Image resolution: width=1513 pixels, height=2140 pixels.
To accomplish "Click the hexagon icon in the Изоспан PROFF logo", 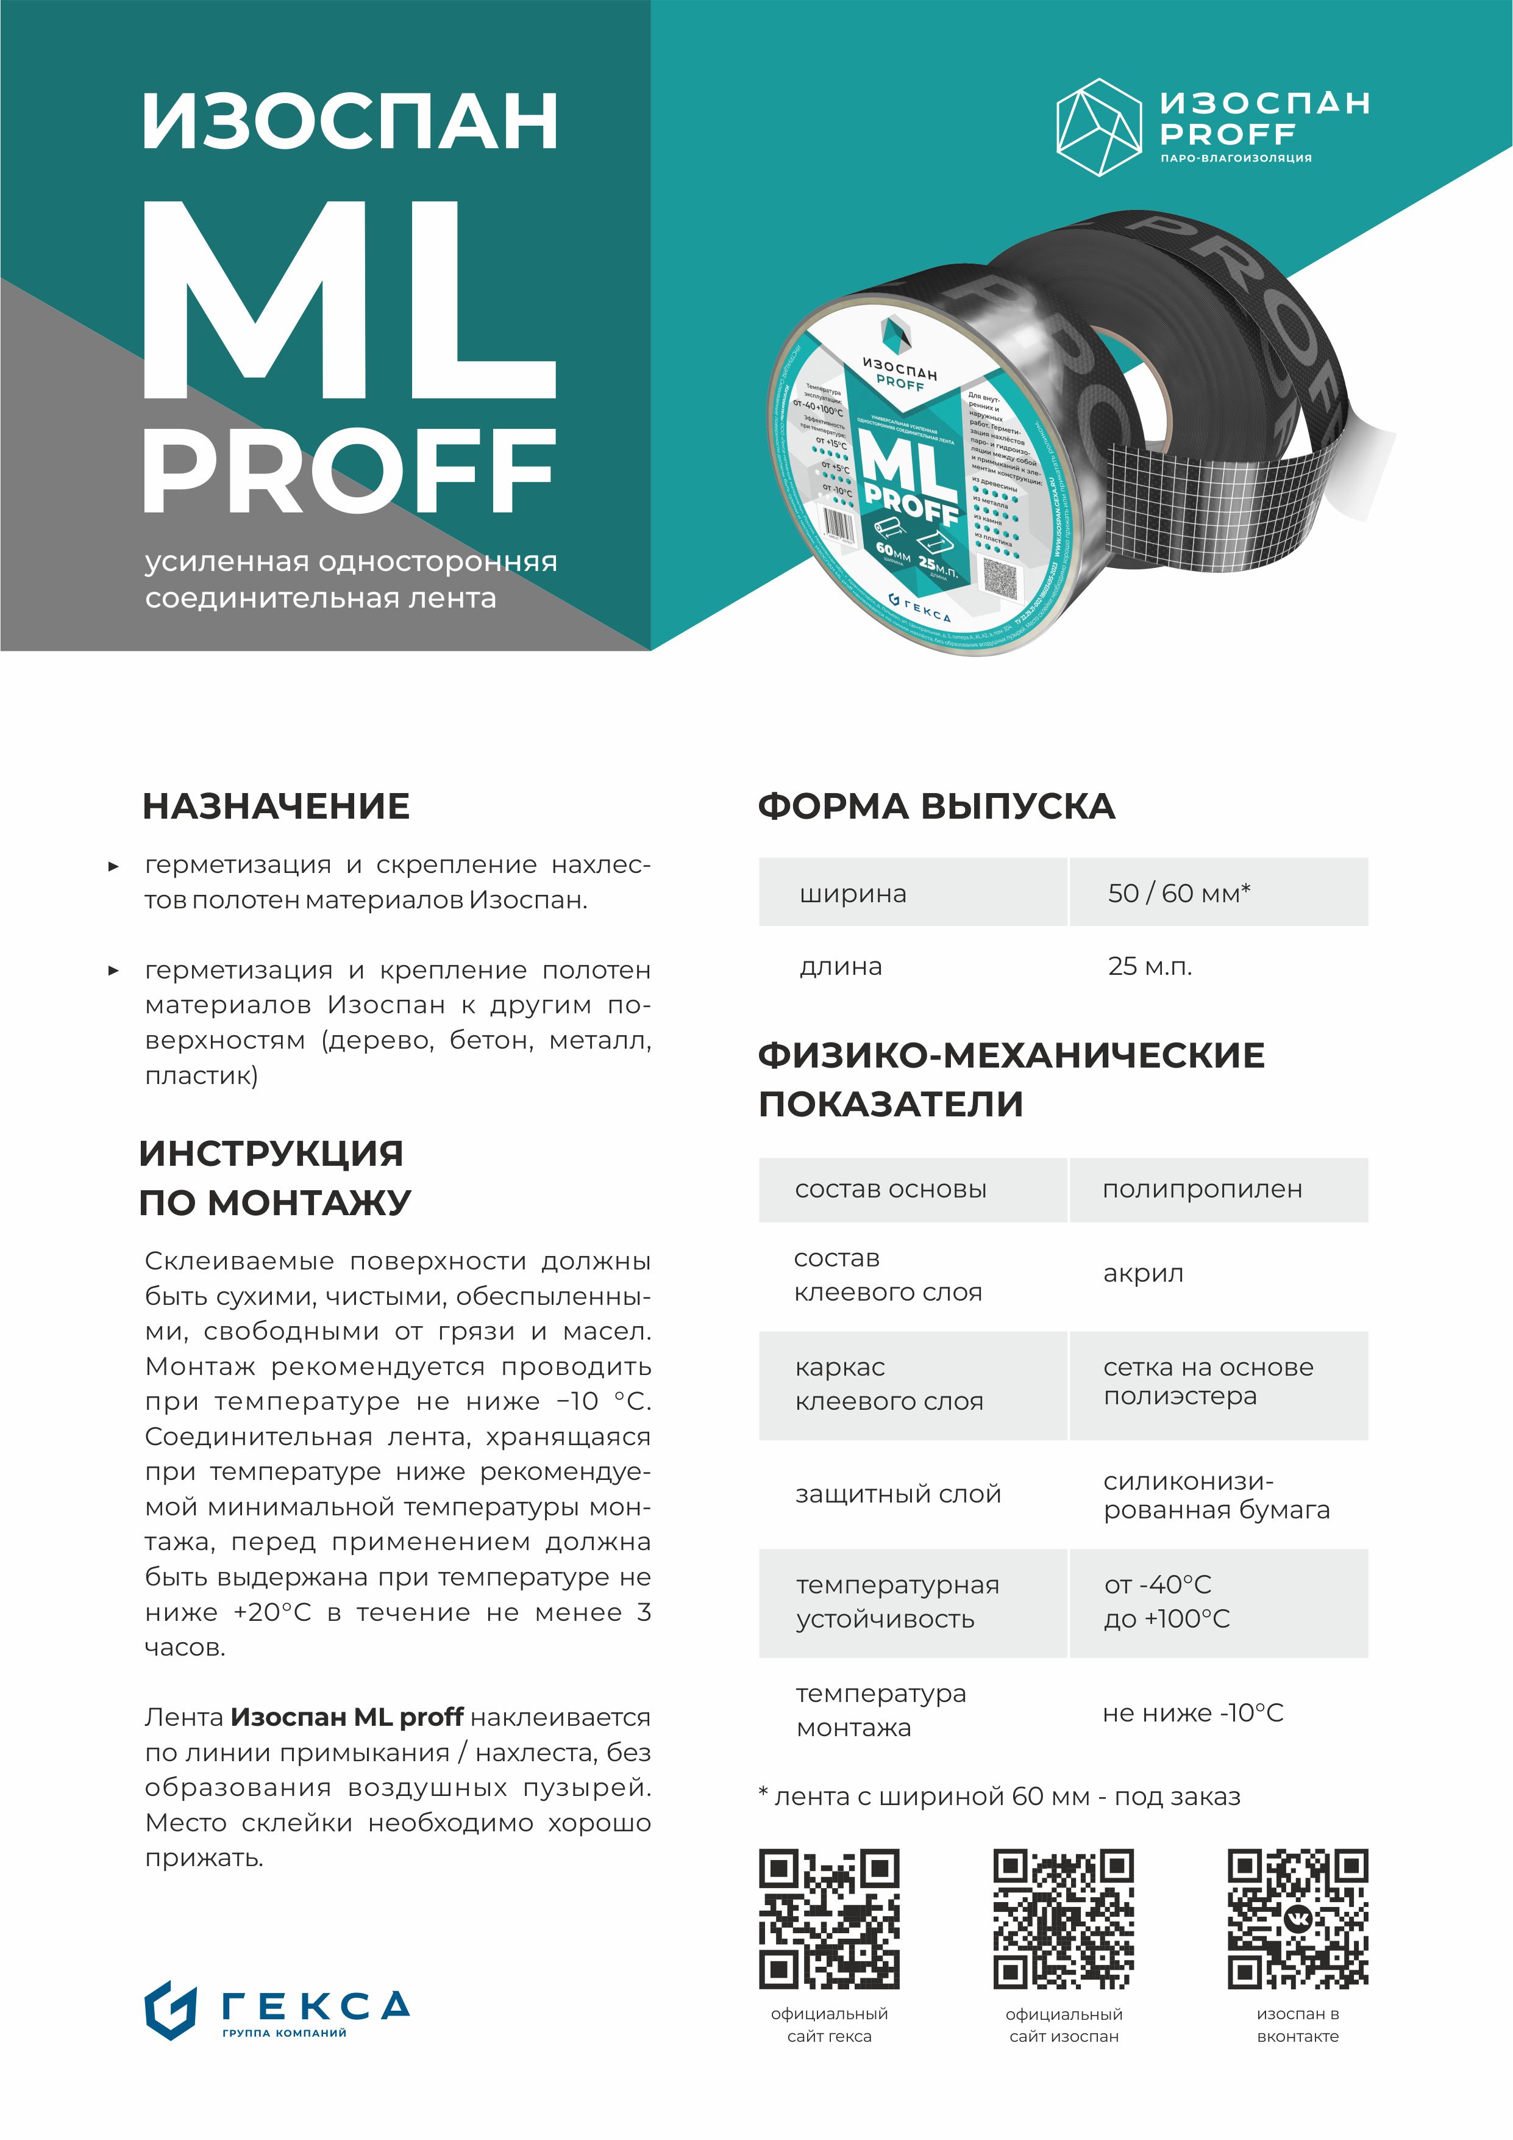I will point(1098,127).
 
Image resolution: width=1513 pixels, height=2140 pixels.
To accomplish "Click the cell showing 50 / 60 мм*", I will point(1178,893).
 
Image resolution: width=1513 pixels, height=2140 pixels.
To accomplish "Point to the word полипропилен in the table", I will point(1202,1190).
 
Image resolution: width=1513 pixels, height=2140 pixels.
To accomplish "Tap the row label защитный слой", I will point(897,1494).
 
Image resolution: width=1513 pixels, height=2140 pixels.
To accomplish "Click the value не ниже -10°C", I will point(1192,1713).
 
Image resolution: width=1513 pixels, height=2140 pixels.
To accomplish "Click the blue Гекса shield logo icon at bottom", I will point(171,2011).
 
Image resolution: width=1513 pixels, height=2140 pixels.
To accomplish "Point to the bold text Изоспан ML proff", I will point(347,1717).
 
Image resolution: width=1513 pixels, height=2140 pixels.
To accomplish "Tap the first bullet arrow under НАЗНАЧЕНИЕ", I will point(113,866).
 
